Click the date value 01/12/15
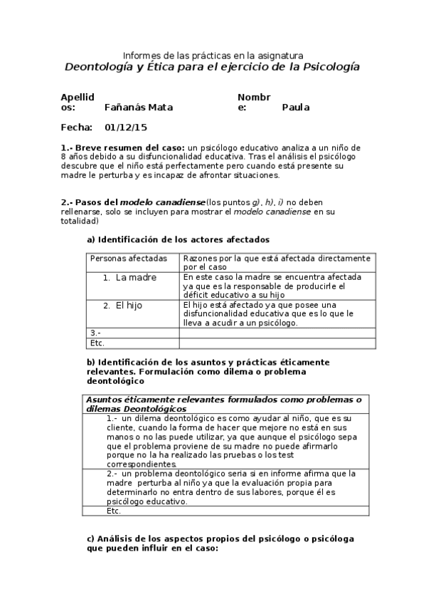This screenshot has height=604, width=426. (126, 127)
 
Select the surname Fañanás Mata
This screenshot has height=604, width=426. (138, 108)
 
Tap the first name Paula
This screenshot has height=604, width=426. (295, 108)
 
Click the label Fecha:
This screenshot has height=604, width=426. (76, 127)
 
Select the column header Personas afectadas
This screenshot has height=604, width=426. (129, 258)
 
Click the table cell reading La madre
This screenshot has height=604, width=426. (136, 277)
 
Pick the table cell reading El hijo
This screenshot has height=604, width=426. (129, 305)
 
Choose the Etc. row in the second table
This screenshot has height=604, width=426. (114, 511)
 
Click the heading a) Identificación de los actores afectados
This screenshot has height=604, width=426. (178, 239)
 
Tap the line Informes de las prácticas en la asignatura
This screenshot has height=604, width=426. (213, 55)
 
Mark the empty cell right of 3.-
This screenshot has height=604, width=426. (277, 333)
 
